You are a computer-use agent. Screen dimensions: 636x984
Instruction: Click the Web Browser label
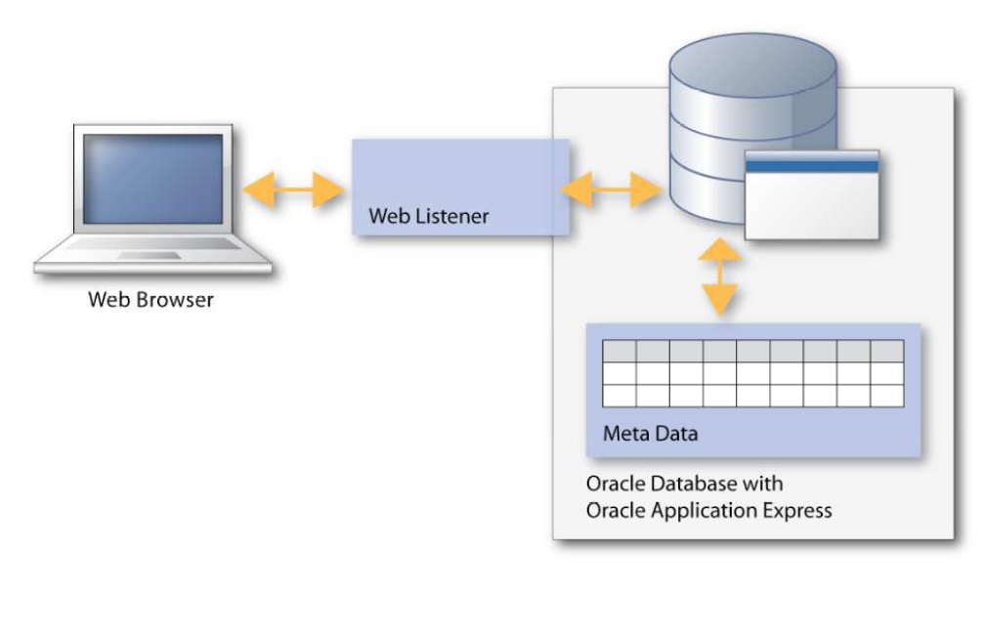(150, 299)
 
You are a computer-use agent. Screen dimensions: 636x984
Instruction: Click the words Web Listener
(428, 215)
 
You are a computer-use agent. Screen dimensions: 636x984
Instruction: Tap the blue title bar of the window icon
(812, 166)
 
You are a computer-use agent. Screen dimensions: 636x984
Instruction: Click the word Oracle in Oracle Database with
(610, 485)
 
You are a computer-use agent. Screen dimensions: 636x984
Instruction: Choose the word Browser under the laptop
(178, 299)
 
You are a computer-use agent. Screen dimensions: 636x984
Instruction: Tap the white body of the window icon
(812, 205)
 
